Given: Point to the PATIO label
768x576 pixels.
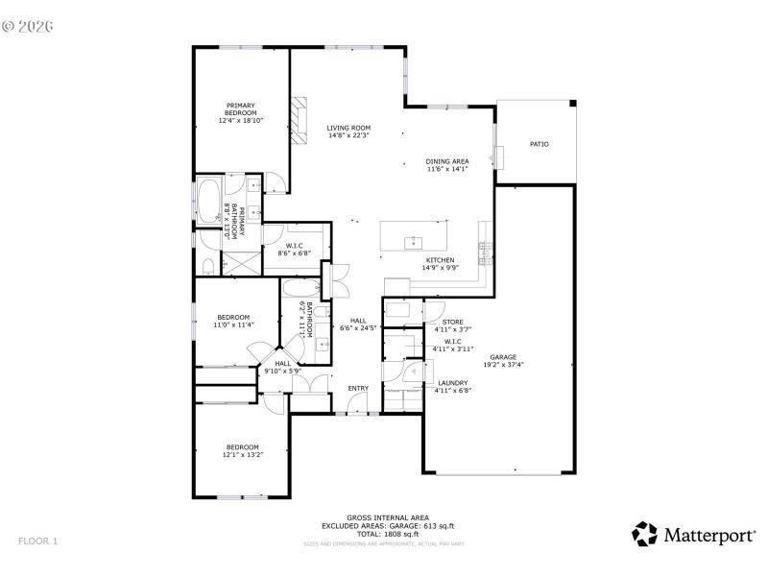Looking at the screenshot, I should [540, 144].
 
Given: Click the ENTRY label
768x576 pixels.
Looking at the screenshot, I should [358, 388].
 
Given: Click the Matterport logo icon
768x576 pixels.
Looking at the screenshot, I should [644, 535].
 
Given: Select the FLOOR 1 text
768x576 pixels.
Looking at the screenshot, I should [37, 541].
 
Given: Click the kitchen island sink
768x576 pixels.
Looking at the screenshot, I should [415, 241].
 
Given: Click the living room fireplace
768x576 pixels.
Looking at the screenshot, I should [300, 120].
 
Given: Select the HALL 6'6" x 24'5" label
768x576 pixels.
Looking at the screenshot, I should [358, 324].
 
